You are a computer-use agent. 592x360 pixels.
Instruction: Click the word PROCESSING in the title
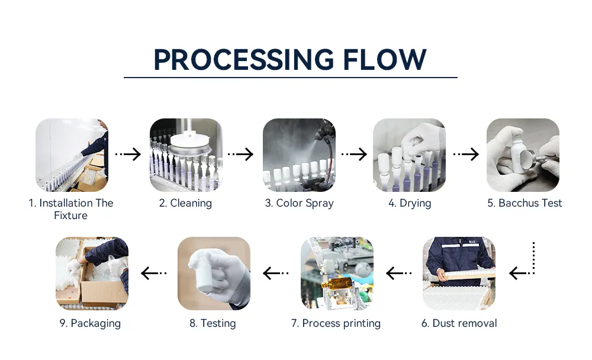243,60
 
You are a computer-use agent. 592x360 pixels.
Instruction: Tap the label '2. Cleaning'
185,203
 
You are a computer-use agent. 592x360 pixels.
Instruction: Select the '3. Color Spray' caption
300,203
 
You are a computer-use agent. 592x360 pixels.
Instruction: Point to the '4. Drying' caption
410,203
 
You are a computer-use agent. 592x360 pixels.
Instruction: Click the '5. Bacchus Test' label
525,203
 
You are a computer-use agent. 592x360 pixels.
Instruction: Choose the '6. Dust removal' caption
459,323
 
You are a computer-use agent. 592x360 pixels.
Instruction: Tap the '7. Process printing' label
336,323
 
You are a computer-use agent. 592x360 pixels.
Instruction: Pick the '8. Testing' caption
213,323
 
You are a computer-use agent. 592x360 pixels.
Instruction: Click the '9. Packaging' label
90,323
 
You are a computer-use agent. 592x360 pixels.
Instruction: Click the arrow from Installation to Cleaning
128,154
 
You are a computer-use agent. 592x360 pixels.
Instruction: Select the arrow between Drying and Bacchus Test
466,154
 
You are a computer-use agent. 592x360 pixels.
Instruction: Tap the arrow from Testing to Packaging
154,273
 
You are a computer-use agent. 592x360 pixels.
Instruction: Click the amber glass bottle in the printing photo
337,284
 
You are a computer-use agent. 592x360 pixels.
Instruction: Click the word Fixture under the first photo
70,216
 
